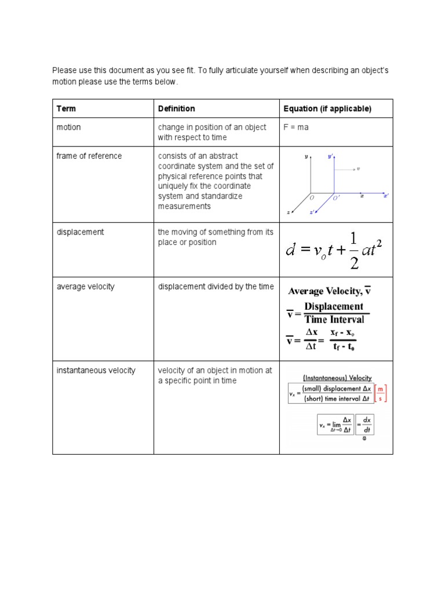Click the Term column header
66,109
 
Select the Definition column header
176,109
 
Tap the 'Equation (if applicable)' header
327,109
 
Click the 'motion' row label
68,127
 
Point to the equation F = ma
296,127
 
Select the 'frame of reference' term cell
89,156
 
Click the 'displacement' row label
80,232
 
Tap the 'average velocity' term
85,287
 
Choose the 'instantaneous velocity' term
96,371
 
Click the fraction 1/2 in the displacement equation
355,250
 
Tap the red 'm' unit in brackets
380,389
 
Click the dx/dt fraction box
366,424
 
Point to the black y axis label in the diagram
306,156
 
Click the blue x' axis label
386,196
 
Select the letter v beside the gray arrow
359,169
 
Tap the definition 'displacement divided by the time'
216,287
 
